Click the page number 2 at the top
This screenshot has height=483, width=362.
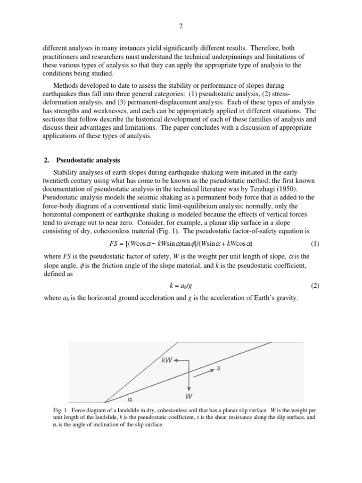[x=181, y=26]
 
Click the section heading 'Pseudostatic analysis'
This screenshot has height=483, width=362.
[x=88, y=160]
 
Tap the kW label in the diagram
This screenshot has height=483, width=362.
[x=166, y=360]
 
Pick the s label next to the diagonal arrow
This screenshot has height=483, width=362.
[x=218, y=369]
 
